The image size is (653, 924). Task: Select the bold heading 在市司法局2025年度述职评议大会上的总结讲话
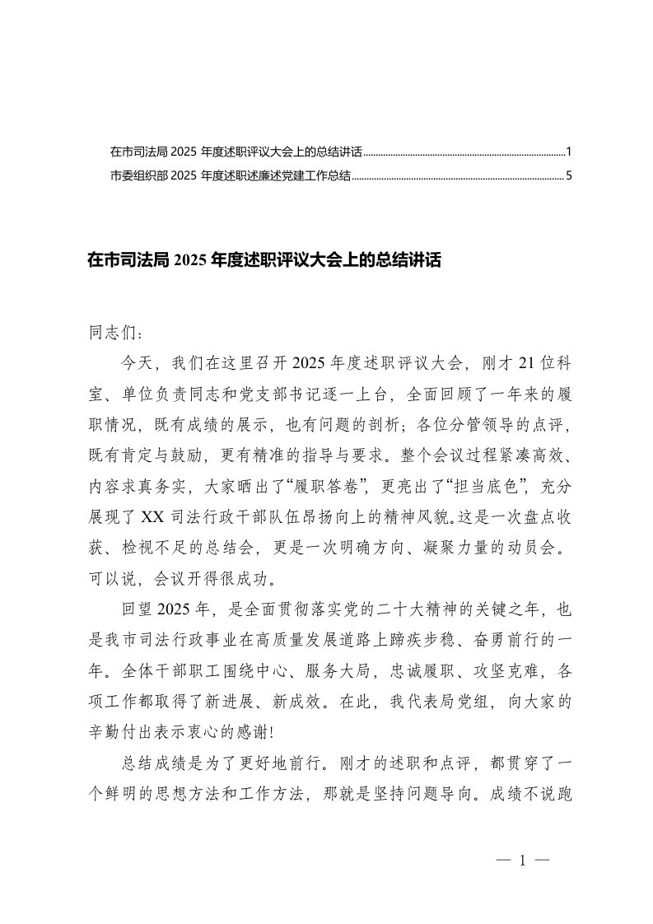pos(264,261)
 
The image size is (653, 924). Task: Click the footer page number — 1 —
pos(523,861)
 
